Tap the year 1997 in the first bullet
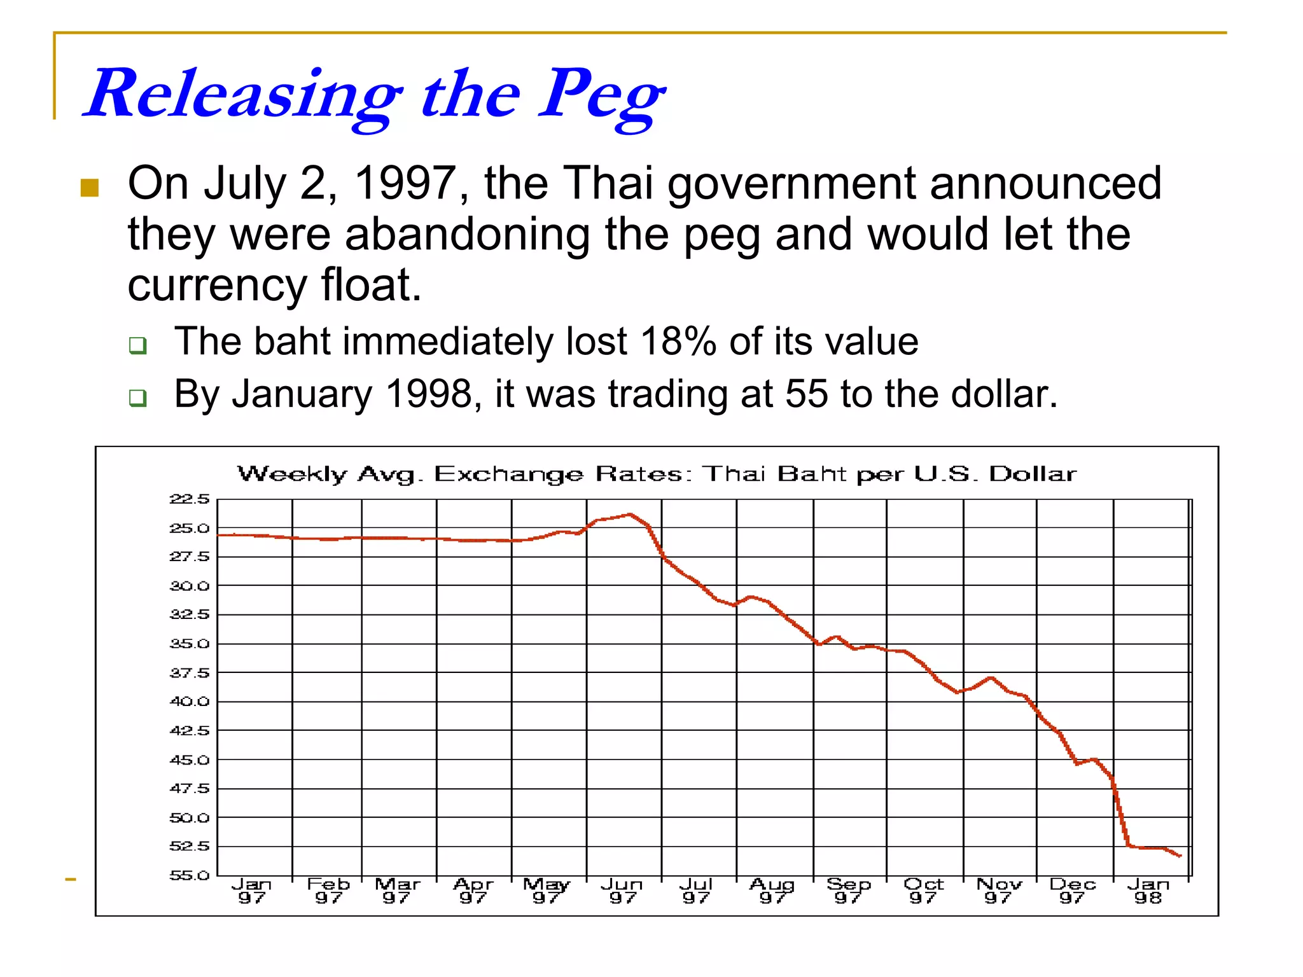click(x=406, y=184)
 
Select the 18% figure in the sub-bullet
click(x=678, y=342)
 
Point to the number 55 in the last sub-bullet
click(x=806, y=394)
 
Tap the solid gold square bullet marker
click(x=90, y=188)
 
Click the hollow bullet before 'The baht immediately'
click(x=137, y=345)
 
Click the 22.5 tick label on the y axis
click(x=189, y=499)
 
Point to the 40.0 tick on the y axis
click(x=189, y=702)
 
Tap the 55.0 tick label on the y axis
click(x=189, y=876)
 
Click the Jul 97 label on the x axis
click(x=696, y=890)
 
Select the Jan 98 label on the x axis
click(x=1148, y=890)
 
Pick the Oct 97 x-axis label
click(x=923, y=890)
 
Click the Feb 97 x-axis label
click(x=328, y=890)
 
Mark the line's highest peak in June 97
click(x=630, y=514)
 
